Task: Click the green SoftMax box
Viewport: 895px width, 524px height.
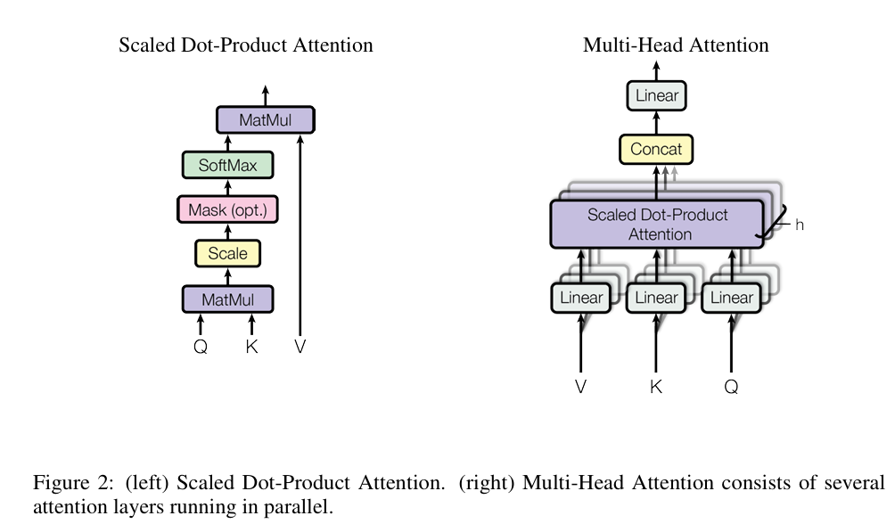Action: pos(227,165)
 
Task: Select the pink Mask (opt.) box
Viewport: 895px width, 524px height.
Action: pos(227,209)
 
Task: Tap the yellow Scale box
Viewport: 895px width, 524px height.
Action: pos(227,253)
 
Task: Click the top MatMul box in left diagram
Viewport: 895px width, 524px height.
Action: pos(266,120)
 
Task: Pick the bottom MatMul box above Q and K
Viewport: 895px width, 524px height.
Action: pos(227,299)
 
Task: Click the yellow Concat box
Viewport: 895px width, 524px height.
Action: pos(656,149)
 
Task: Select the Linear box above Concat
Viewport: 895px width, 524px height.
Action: pos(656,95)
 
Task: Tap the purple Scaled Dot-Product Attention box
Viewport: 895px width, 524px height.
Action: pos(657,224)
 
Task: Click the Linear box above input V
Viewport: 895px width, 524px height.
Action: pos(581,298)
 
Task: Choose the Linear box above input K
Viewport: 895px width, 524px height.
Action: pos(656,298)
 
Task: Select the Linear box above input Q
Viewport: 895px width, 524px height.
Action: pos(732,298)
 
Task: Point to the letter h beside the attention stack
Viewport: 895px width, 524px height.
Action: pos(799,225)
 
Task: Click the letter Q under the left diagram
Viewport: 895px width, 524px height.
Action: pos(201,347)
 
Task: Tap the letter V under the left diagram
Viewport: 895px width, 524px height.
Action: pos(300,346)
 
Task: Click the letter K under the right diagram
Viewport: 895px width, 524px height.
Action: pos(656,387)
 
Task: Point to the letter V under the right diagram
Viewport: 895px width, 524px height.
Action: pos(580,387)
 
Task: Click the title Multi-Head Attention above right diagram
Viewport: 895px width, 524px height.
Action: pos(676,45)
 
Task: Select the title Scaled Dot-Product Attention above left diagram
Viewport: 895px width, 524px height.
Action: pos(246,45)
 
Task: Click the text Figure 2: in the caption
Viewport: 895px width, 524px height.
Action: pos(74,483)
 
